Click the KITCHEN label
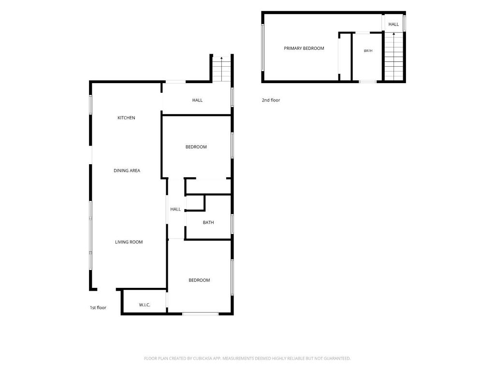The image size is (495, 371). [126, 118]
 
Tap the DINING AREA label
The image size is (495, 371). [127, 171]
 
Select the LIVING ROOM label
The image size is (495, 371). [129, 242]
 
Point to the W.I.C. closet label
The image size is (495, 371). [145, 305]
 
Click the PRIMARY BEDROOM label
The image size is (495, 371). [304, 48]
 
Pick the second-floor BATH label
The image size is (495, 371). [368, 50]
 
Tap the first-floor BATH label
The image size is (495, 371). [208, 222]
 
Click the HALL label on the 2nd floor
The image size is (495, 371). [393, 24]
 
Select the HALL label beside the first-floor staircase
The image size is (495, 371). [197, 100]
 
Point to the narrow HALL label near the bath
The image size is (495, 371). [175, 209]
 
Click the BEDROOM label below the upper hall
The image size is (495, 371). [196, 147]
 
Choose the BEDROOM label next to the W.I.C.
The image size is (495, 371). [199, 280]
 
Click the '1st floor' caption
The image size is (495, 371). [98, 308]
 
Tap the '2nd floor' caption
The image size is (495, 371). [271, 100]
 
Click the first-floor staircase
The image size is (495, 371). [222, 69]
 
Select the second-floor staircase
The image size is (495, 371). [393, 56]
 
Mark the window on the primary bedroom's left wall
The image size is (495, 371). [262, 47]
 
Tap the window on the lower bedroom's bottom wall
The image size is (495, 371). [201, 314]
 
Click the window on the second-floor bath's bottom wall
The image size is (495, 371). [368, 82]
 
